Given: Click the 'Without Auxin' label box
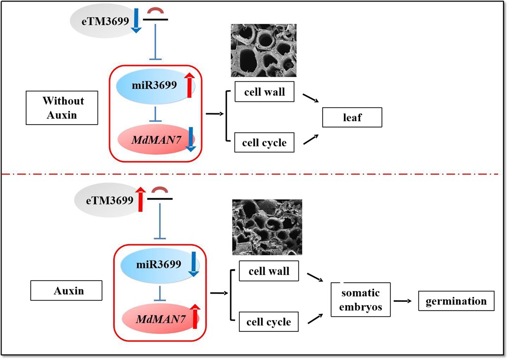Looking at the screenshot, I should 63,108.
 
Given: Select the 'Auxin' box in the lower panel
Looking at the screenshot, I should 67,291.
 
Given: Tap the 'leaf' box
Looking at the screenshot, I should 351,117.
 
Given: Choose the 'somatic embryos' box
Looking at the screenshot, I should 361,300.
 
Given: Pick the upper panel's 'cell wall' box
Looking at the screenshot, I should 265,92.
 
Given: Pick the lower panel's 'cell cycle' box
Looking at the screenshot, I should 269,322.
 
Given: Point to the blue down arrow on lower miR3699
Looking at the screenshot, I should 193,263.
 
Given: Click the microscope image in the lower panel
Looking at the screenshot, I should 267,227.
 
